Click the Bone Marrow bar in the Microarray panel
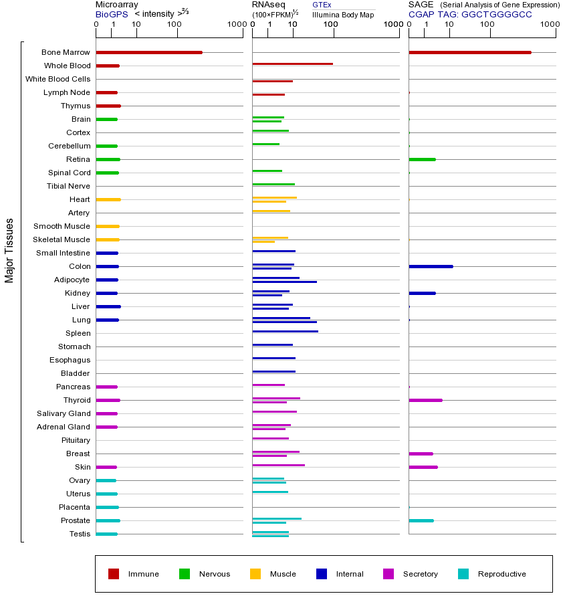click(x=148, y=52)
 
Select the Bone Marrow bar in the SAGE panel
click(x=469, y=52)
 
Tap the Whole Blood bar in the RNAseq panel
click(x=292, y=64)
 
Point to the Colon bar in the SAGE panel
click(x=431, y=266)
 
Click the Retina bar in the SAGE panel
click(x=422, y=159)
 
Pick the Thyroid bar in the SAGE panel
click(x=425, y=400)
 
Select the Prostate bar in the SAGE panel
click(x=421, y=520)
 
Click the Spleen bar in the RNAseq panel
click(x=285, y=331)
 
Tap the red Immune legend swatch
click(x=114, y=574)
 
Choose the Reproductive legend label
click(x=501, y=574)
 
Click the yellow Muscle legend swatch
click(x=255, y=574)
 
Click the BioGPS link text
click(x=110, y=14)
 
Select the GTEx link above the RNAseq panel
click(x=322, y=5)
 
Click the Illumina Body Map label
click(x=343, y=14)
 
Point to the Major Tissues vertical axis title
click(x=9, y=250)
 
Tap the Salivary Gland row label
click(x=64, y=413)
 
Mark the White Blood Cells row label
click(x=58, y=79)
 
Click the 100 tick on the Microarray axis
click(x=174, y=25)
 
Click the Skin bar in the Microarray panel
click(x=106, y=467)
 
